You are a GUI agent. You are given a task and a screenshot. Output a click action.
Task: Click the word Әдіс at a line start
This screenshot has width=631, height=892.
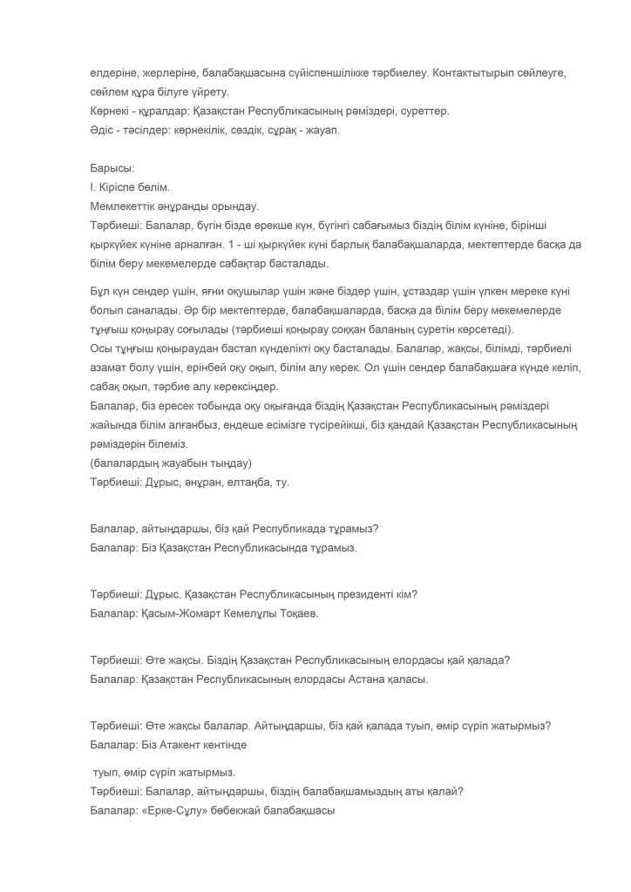coord(103,131)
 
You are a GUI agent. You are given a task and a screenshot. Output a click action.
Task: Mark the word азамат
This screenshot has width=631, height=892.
coord(109,368)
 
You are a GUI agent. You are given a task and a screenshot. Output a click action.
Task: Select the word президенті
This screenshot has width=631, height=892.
coord(369,595)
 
